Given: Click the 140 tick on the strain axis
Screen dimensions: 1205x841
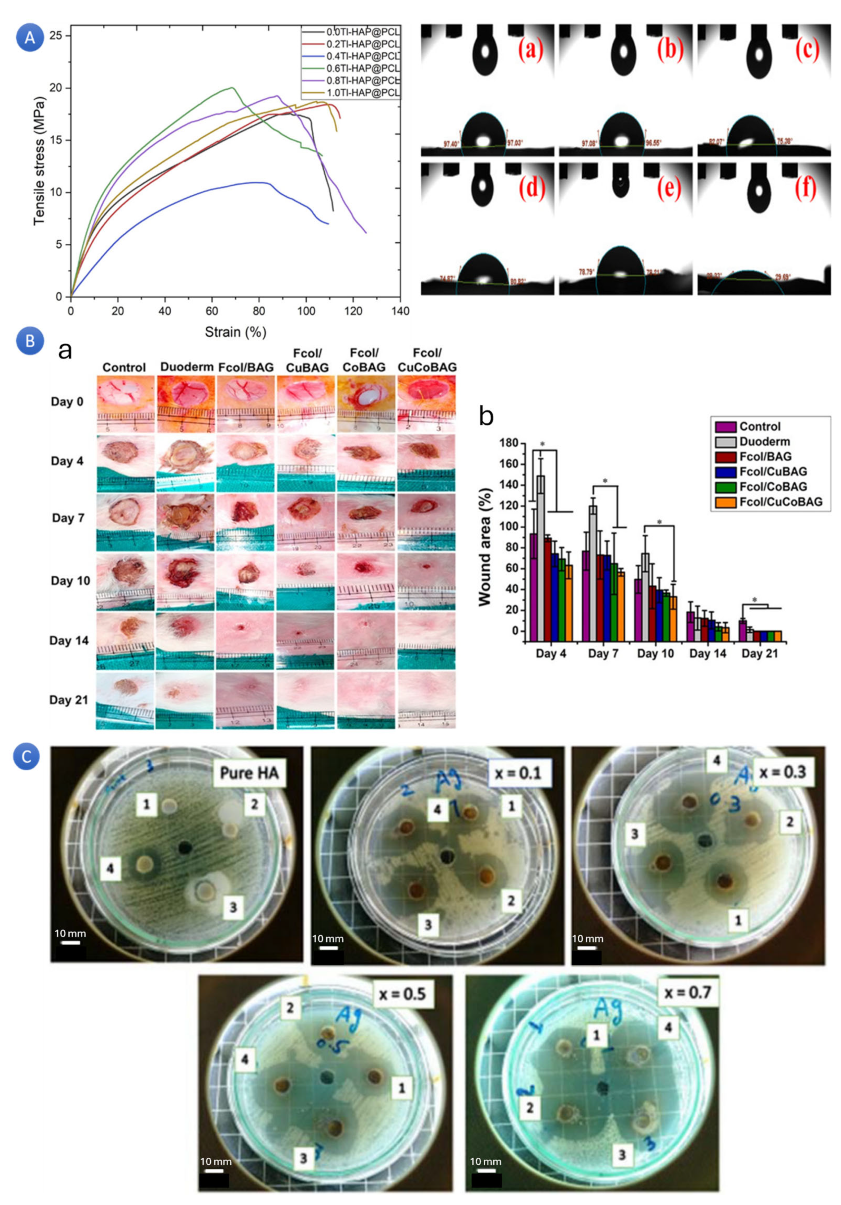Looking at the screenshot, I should click(x=400, y=311).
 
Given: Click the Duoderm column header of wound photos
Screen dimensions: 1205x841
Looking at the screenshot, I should click(x=186, y=367).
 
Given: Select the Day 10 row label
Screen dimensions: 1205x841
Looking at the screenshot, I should click(x=70, y=580).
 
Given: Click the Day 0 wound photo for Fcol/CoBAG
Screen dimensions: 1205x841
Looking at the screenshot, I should click(x=365, y=403).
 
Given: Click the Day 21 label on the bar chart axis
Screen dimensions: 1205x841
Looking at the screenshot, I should click(x=759, y=654).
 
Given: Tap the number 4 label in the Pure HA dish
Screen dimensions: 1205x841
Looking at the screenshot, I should click(x=110, y=869).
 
